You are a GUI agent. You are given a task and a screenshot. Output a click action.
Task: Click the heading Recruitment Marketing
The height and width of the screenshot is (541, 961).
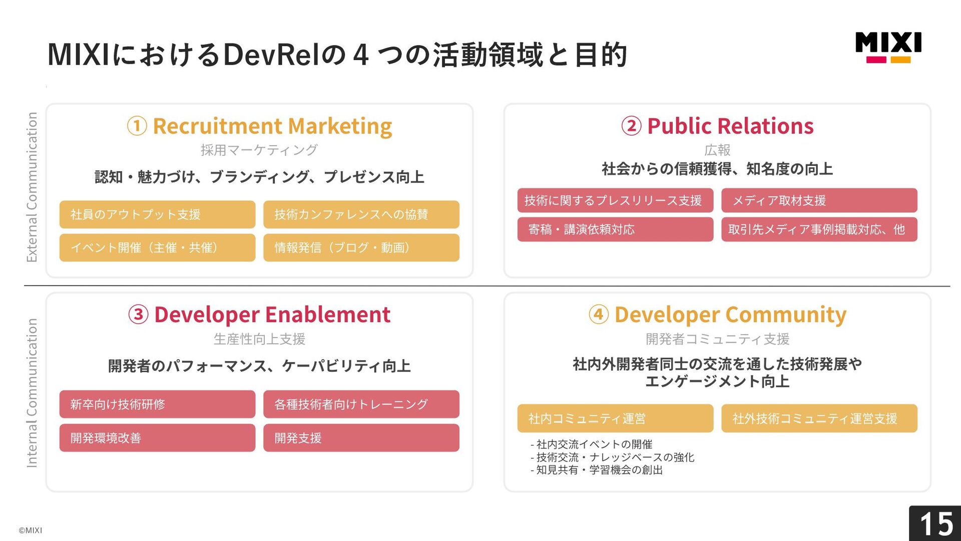(272, 126)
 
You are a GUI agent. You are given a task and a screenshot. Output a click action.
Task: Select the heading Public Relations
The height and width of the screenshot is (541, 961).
(730, 126)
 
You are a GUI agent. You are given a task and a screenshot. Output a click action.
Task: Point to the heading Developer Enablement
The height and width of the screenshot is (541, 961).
(272, 315)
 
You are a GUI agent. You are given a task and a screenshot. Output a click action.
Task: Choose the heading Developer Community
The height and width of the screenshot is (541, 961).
(730, 315)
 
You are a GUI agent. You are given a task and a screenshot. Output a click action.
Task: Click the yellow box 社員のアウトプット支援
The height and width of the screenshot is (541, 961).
(157, 214)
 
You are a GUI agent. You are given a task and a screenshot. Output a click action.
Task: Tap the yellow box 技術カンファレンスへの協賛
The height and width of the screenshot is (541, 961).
(361, 214)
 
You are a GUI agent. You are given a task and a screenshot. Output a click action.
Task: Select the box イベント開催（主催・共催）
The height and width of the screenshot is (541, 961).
(157, 247)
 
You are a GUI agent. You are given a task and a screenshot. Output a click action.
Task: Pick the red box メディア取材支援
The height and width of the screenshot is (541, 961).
(819, 200)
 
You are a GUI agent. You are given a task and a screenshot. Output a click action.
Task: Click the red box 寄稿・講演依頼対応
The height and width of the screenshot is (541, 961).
(615, 229)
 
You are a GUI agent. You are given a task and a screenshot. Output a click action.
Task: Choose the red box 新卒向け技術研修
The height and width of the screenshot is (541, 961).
(157, 404)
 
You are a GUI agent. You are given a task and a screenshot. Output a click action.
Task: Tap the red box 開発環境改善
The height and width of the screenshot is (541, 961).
(157, 438)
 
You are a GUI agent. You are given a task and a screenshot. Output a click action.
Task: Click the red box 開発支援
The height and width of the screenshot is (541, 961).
(361, 438)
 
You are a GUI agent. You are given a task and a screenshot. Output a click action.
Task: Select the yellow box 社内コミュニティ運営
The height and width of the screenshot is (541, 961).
(615, 418)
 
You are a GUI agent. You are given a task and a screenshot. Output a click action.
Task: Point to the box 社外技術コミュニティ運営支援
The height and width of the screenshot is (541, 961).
(819, 418)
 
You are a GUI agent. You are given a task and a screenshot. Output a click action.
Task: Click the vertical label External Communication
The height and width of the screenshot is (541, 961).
(32, 187)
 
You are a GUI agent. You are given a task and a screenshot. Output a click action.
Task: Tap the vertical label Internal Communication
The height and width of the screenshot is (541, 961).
(32, 393)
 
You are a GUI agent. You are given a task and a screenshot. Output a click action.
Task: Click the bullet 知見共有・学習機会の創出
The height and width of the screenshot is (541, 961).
(597, 470)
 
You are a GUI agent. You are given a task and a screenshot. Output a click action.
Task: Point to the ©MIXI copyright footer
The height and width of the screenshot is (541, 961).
(31, 530)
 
